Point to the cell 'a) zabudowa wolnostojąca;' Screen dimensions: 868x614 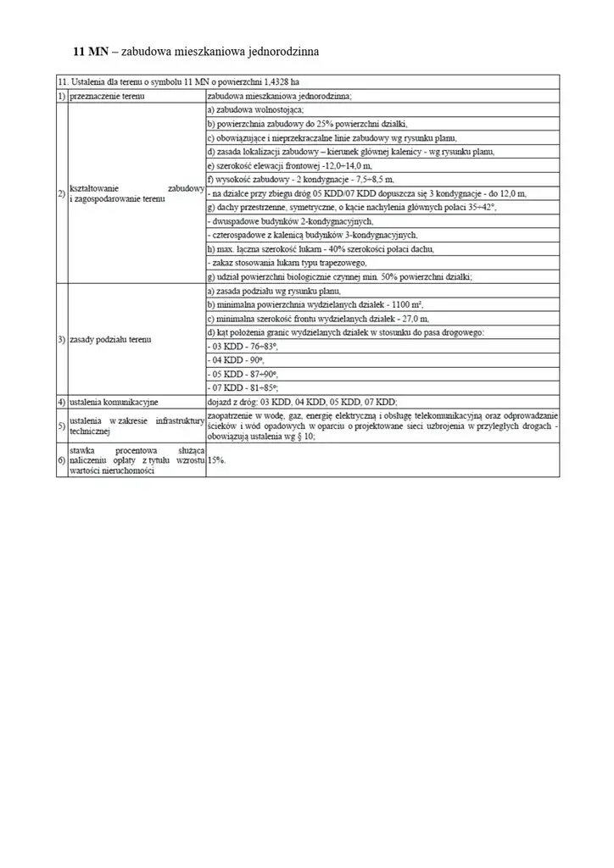[x=255, y=110]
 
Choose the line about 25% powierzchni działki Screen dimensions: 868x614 [x=297, y=124]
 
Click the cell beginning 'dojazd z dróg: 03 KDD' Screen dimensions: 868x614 [x=302, y=401]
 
